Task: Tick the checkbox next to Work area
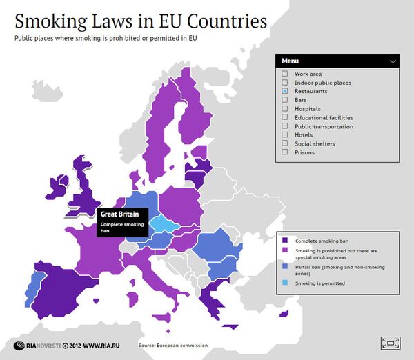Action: coord(284,74)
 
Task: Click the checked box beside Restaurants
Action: coord(284,91)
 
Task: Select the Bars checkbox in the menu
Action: coord(284,100)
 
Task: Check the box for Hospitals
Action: coord(284,109)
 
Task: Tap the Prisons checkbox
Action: coord(284,152)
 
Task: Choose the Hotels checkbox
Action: coord(284,135)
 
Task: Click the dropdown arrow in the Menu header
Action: coord(393,61)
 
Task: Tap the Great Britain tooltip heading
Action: coord(115,214)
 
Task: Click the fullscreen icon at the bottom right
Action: coord(391,342)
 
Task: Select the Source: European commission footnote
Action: coord(172,345)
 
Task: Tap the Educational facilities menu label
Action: coord(324,118)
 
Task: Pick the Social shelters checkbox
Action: coord(284,143)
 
